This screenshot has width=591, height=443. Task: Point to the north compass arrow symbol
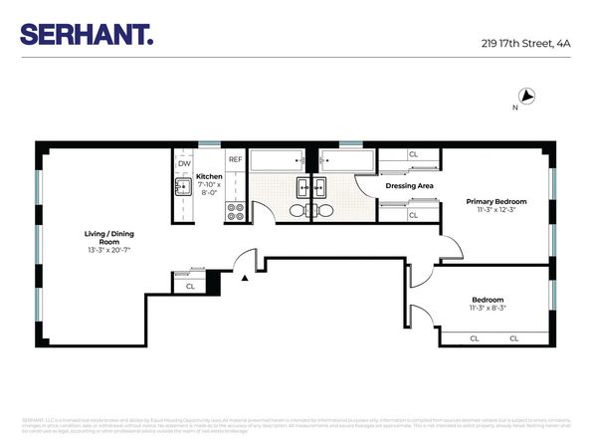[x=529, y=97]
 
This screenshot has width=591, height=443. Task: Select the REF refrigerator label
[x=236, y=159]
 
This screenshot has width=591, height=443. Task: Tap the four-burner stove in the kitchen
[x=236, y=211]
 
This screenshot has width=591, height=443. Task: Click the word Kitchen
[x=209, y=176]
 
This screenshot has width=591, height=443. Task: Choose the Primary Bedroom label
[x=496, y=201]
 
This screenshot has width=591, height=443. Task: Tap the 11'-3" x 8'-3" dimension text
[x=489, y=309]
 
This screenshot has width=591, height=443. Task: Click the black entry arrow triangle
[x=245, y=279]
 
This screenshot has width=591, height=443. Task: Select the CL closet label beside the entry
[x=190, y=286]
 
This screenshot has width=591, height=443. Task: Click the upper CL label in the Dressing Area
[x=413, y=154]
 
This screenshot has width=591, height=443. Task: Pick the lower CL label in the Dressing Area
[x=413, y=214]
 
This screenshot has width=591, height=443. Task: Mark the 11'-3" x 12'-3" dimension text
[x=496, y=210]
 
